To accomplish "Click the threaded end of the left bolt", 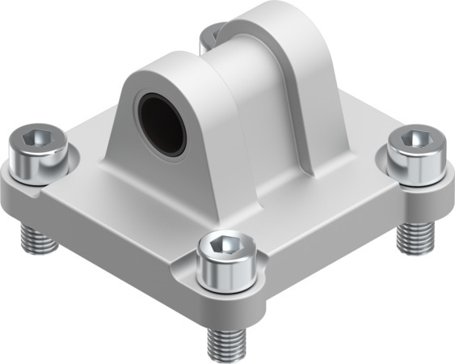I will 36,238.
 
